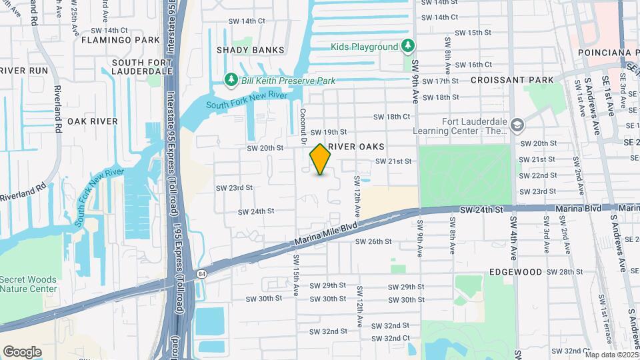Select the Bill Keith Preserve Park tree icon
[x=231, y=81]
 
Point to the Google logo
[x=22, y=352]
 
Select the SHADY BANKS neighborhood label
[x=250, y=50]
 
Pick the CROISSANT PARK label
[x=512, y=80]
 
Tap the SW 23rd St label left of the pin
[x=235, y=188]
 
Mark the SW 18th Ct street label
[x=391, y=117]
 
